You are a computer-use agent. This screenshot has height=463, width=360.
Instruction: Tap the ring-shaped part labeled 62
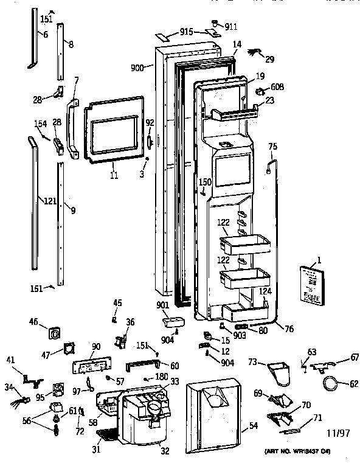pyautogui.click(x=330, y=383)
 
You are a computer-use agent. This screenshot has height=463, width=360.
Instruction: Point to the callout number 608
pyautogui.click(x=277, y=88)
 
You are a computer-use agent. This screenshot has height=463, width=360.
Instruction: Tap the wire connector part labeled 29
pyautogui.click(x=254, y=55)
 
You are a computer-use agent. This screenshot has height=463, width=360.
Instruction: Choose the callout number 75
pyautogui.click(x=272, y=147)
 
